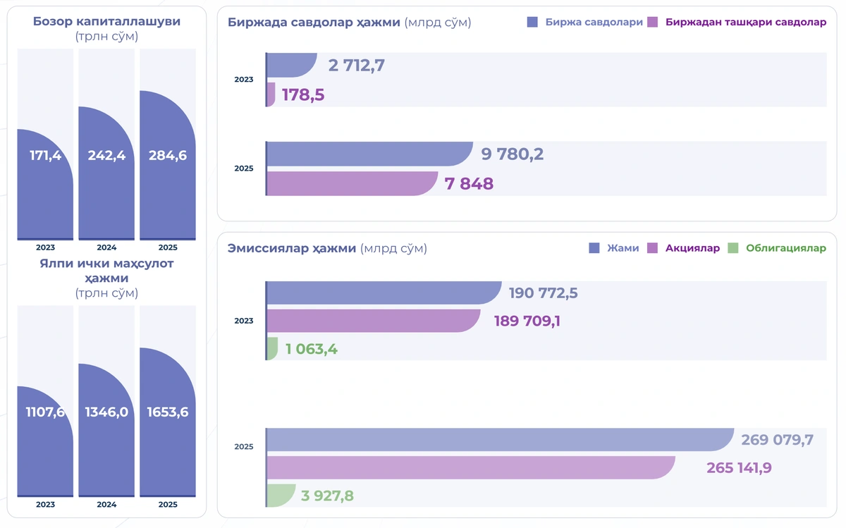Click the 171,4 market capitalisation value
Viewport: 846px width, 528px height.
coord(45,155)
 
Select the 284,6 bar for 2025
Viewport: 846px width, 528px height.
coord(168,165)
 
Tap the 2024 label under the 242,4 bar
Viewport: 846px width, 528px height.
coord(106,247)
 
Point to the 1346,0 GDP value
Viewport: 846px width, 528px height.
coord(106,412)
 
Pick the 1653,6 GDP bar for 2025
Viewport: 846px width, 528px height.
coord(168,422)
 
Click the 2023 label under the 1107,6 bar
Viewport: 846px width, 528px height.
coord(45,504)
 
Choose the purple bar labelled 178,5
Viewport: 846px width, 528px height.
coord(271,94)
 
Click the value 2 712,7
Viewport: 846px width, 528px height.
coord(356,66)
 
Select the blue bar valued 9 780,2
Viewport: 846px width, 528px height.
coord(369,154)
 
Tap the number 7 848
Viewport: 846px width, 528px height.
coord(469,183)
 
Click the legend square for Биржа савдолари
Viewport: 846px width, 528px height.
coord(532,22)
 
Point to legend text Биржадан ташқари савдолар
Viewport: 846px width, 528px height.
coord(746,22)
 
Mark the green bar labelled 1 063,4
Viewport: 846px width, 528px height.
coord(272,349)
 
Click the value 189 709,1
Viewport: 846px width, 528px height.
coord(527,321)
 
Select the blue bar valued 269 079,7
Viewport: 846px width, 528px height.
coord(501,440)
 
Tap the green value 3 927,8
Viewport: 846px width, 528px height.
coord(327,496)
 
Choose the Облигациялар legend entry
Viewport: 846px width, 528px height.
coord(777,248)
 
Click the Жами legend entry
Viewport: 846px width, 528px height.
coord(614,248)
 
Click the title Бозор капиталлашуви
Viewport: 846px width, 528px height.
coord(106,21)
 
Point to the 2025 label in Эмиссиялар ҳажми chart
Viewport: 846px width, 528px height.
coord(244,446)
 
